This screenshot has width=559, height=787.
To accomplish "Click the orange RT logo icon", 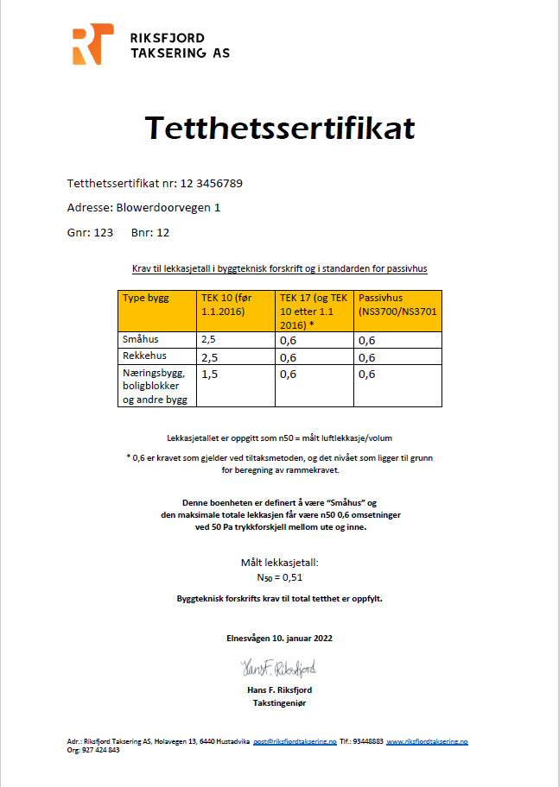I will (x=92, y=45).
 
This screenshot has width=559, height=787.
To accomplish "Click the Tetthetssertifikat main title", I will (x=279, y=128).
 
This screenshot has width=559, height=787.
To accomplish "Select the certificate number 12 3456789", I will (x=217, y=184).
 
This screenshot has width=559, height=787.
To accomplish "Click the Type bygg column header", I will (x=146, y=298).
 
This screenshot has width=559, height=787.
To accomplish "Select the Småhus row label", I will (x=141, y=340).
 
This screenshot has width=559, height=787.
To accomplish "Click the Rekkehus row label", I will (x=144, y=356).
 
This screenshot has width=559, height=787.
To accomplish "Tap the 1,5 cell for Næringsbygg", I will (x=210, y=375).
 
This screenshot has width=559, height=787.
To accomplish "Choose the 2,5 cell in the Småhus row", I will (x=209, y=341).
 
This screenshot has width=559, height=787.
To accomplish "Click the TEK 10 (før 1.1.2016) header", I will (x=235, y=305).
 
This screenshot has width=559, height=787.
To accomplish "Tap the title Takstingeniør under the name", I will (x=279, y=703).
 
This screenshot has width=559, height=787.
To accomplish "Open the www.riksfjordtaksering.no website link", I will (x=427, y=741).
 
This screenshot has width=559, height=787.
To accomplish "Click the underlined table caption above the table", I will (x=279, y=269).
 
